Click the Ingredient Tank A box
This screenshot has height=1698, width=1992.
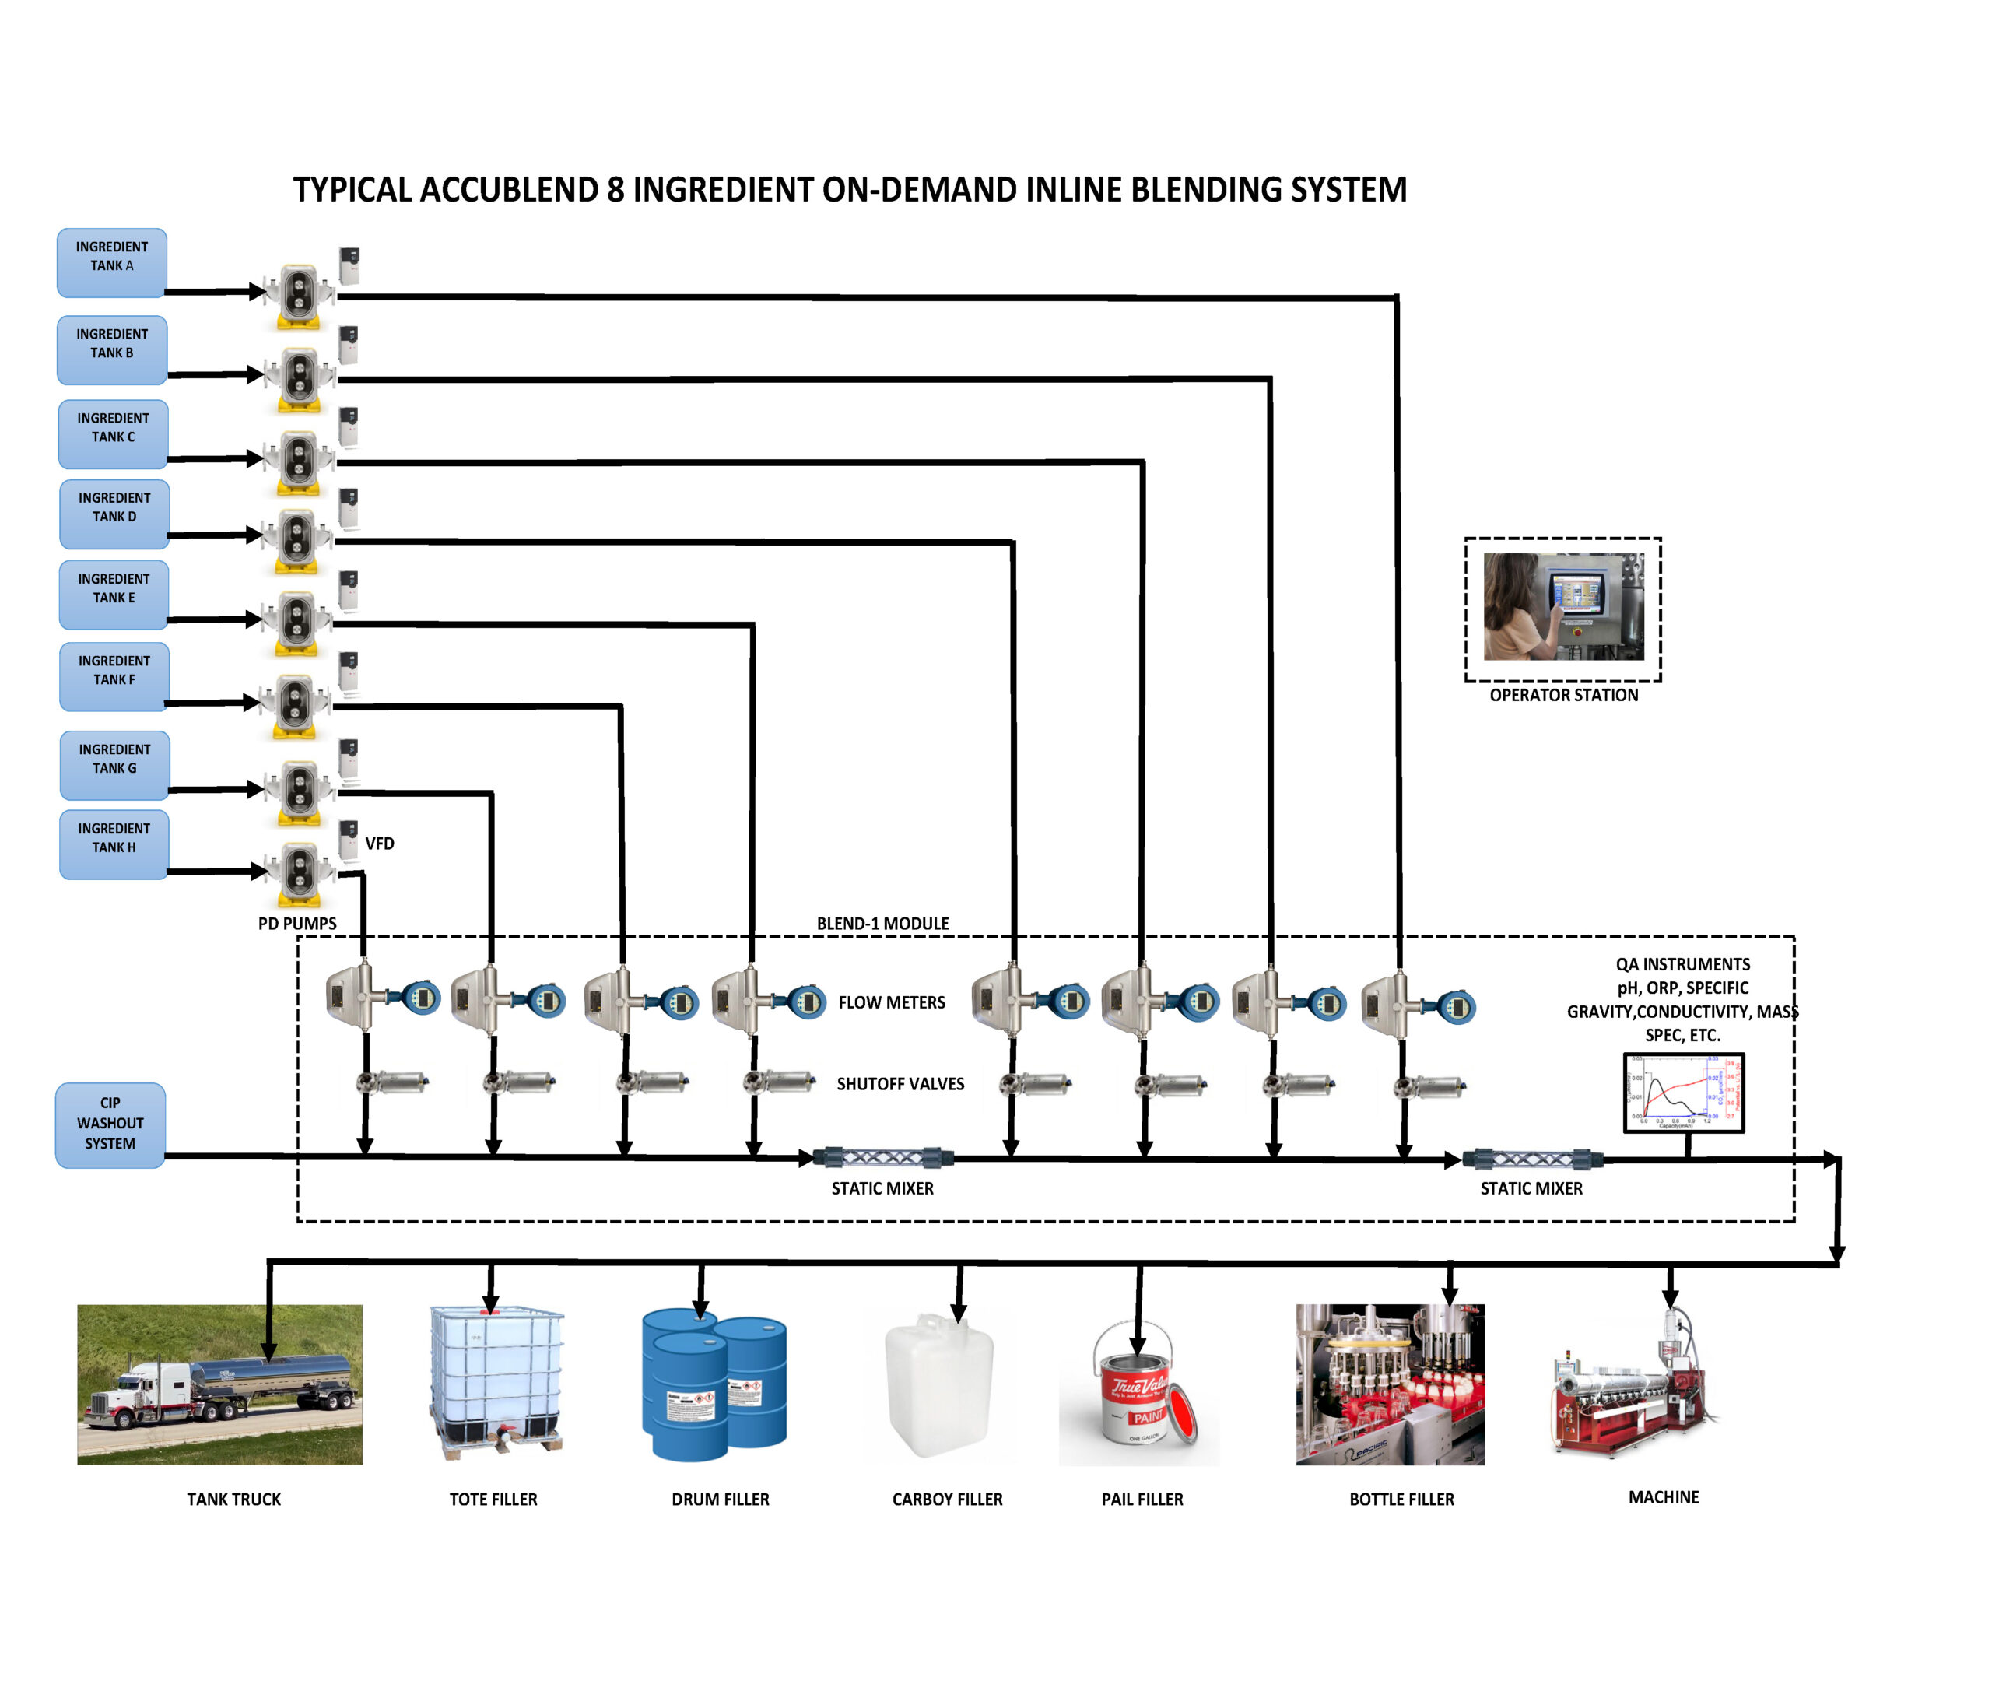[111, 262]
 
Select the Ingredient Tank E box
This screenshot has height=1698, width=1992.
[114, 595]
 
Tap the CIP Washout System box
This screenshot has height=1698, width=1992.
[110, 1125]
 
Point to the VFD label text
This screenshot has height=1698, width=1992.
[379, 844]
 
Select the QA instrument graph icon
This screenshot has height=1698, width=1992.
[1682, 1093]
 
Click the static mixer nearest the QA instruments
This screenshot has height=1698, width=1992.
[1531, 1159]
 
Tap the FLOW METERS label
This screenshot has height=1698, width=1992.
[891, 1002]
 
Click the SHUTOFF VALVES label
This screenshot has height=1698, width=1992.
[899, 1083]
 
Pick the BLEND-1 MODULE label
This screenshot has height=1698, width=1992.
[882, 923]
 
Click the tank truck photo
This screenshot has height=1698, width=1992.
[219, 1384]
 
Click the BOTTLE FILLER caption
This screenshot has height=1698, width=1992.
[1401, 1498]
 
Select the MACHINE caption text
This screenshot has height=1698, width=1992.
[1662, 1496]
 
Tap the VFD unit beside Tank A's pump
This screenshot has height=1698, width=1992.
[349, 265]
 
